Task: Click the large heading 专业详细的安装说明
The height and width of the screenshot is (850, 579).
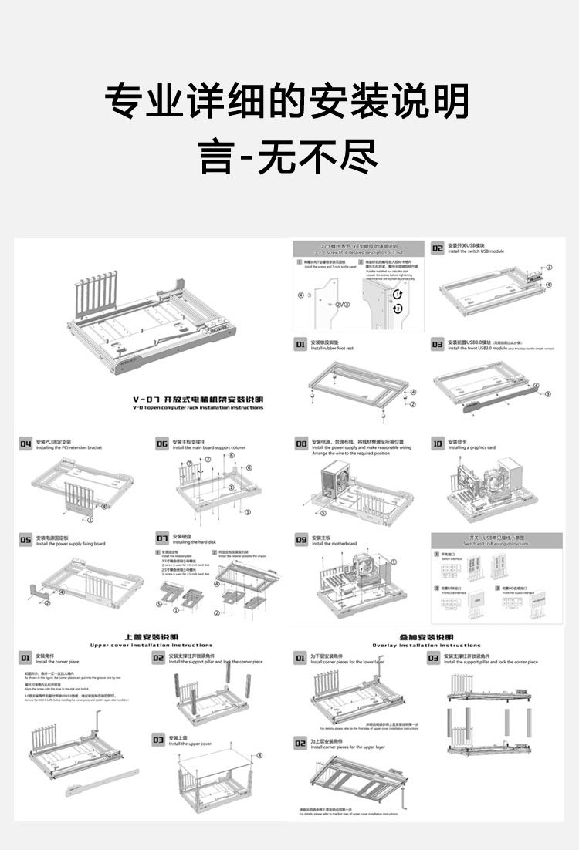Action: [287, 101]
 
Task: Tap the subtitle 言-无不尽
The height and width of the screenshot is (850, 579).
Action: [289, 154]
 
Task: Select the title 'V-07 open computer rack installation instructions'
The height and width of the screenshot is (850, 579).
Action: [198, 407]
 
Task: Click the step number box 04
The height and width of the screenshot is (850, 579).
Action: [25, 444]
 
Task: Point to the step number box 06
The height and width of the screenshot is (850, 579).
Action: [162, 444]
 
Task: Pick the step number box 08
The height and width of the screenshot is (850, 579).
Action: [301, 444]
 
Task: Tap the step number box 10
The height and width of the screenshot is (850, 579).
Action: [437, 444]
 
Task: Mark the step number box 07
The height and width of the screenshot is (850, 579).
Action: [162, 538]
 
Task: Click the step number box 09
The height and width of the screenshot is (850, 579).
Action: [301, 540]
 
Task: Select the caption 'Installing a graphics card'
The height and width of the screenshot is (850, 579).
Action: [472, 447]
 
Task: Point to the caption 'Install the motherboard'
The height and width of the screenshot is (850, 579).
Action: [334, 544]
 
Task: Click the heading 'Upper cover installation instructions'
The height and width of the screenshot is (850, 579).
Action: [151, 645]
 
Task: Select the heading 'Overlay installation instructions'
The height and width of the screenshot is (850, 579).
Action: [426, 645]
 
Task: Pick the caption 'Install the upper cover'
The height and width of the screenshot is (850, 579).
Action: [190, 744]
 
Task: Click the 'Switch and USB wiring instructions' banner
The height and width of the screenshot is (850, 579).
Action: [496, 541]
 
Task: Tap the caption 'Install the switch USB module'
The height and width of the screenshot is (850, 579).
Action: [476, 251]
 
